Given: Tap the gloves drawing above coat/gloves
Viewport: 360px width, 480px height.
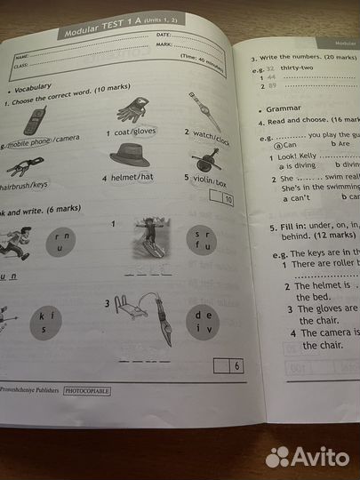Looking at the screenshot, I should coord(133,109).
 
